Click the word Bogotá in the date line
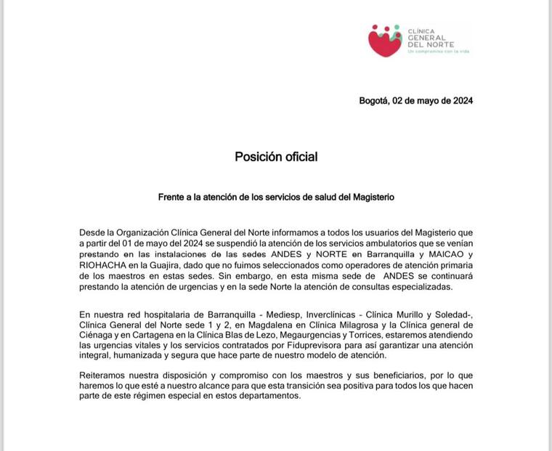[x=376, y=101]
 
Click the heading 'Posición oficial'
[x=276, y=157]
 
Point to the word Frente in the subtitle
[x=173, y=197]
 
